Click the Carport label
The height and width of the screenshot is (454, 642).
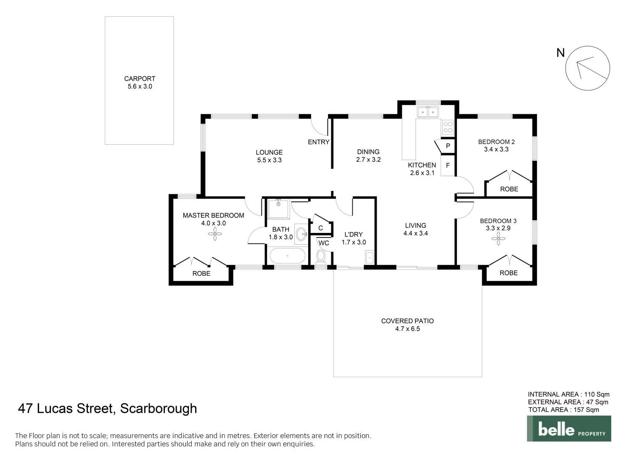(x=140, y=79)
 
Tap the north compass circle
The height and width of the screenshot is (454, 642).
(x=587, y=68)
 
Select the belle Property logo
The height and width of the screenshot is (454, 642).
(x=569, y=429)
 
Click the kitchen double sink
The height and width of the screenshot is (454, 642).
(x=428, y=112)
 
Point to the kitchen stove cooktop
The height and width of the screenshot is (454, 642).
(x=448, y=127)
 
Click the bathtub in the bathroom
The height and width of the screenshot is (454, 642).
(x=288, y=256)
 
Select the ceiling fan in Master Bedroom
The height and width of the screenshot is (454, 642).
(x=215, y=234)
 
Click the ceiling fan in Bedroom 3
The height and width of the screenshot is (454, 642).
(x=498, y=239)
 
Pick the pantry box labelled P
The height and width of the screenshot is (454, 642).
(x=447, y=146)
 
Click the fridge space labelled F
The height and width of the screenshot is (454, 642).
(x=447, y=165)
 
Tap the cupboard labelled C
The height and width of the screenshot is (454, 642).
(x=320, y=227)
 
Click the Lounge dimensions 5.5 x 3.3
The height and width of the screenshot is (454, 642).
(x=269, y=160)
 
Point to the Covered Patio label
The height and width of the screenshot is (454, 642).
(x=407, y=321)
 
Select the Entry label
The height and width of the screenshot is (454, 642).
(x=318, y=142)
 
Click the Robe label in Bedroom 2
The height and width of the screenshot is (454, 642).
(x=509, y=189)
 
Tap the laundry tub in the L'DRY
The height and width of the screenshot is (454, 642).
(x=369, y=257)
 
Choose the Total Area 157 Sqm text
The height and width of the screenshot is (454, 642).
(x=563, y=410)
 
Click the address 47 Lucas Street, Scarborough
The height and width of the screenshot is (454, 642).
(x=107, y=409)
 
